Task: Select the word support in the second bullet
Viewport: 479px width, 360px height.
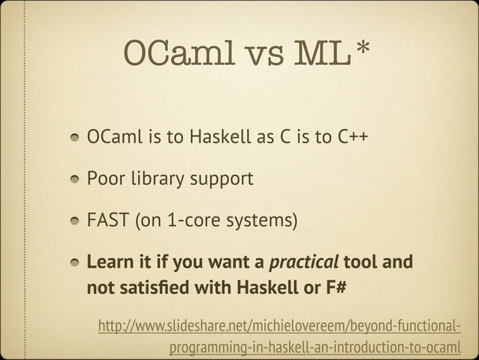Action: click(x=225, y=182)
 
